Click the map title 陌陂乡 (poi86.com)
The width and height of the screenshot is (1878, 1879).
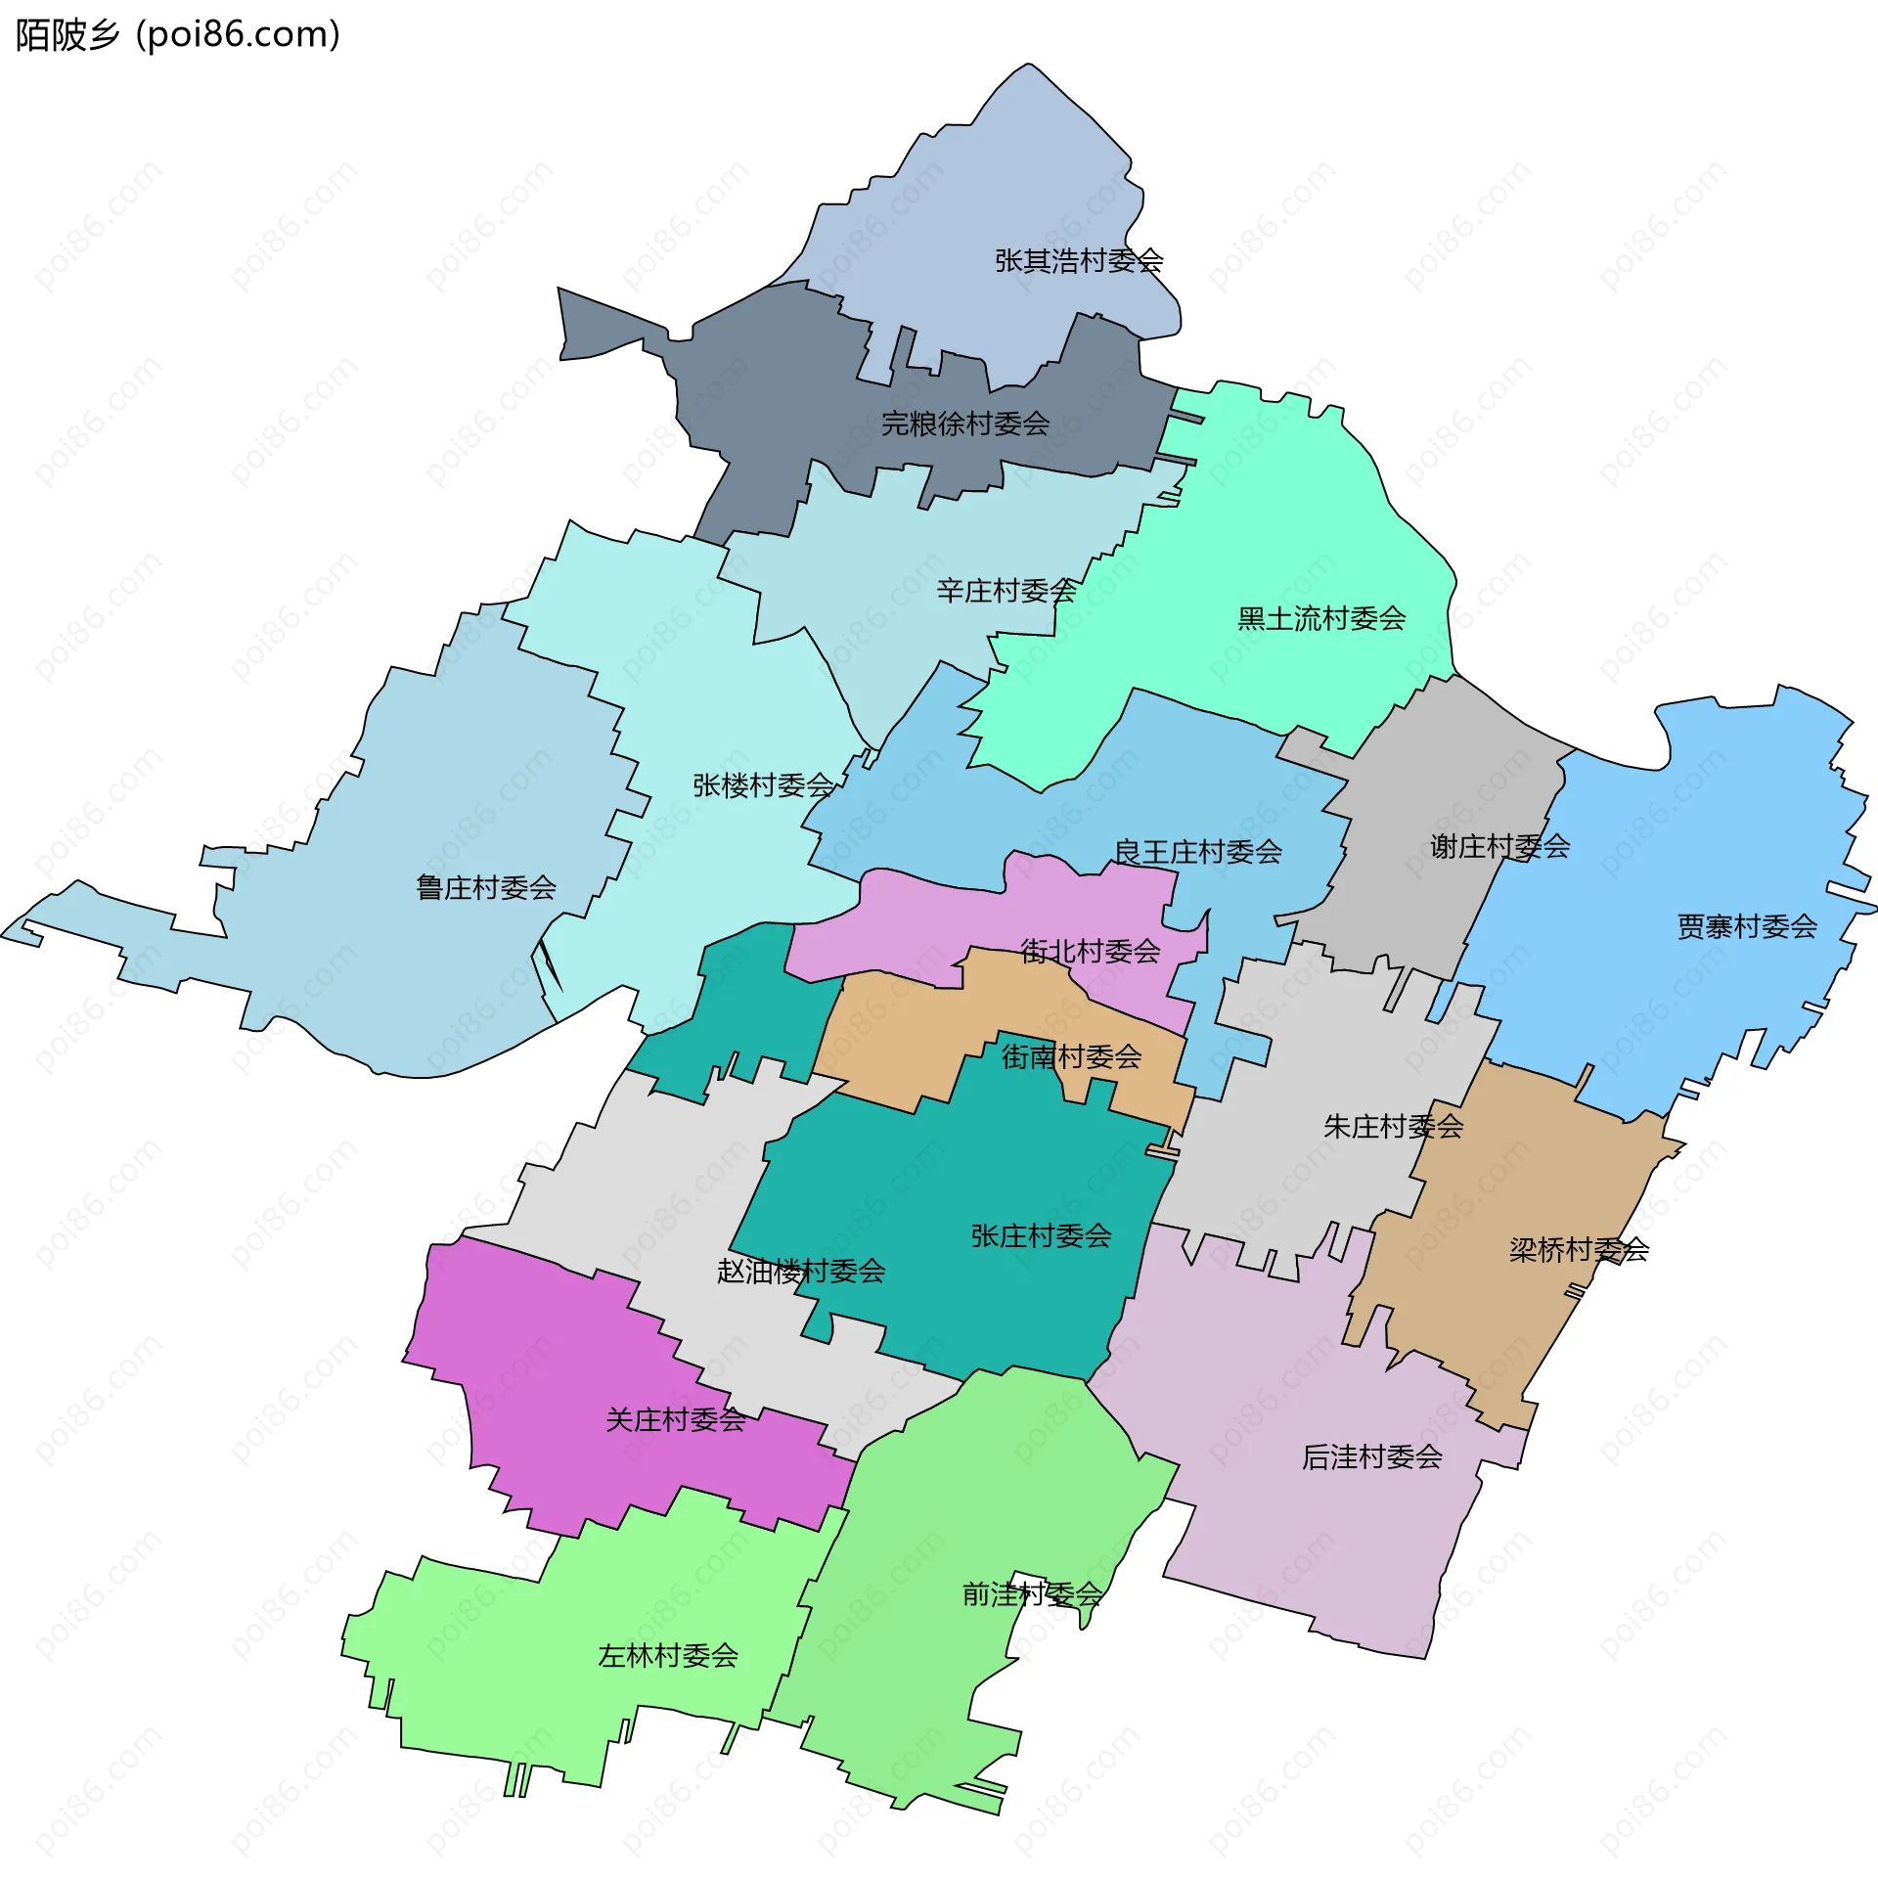(178, 35)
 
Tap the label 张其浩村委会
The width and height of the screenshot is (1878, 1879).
(1079, 261)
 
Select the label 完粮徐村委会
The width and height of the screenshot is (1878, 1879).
(965, 424)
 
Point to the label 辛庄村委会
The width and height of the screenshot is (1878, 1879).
(1006, 591)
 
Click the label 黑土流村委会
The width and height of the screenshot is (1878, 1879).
(1321, 618)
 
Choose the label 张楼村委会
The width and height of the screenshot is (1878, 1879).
(763, 785)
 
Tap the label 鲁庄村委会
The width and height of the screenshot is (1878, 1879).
(486, 888)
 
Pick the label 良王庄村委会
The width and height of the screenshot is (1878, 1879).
(1198, 852)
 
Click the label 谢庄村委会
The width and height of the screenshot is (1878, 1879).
(1499, 846)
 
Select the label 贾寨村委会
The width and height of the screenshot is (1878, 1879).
(1747, 926)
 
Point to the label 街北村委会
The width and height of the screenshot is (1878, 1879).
(1091, 951)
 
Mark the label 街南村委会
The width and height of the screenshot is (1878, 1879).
(1071, 1056)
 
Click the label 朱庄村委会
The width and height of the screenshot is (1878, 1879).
(1393, 1127)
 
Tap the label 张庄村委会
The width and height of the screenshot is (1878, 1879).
(1041, 1236)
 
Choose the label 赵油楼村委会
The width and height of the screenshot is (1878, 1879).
(801, 1272)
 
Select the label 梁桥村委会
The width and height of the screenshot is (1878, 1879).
(1579, 1250)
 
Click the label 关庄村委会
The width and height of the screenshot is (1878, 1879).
(676, 1420)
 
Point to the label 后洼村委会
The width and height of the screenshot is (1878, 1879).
(1371, 1457)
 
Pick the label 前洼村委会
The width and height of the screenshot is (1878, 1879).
(1032, 1594)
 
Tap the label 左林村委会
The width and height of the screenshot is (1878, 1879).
(668, 1656)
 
